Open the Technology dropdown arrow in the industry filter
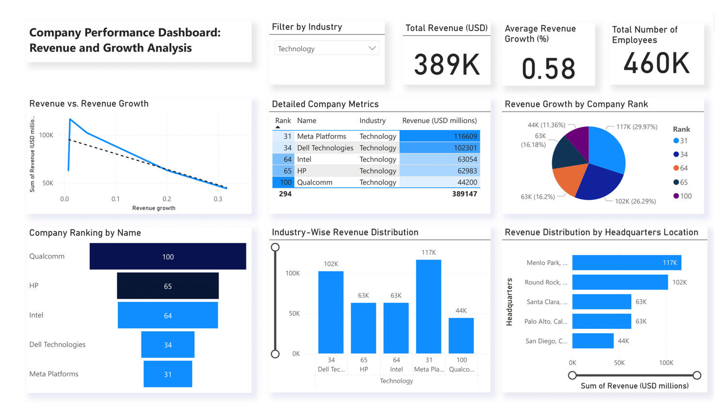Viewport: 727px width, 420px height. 372,48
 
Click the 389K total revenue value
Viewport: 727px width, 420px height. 447,65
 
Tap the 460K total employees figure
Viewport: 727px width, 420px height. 656,63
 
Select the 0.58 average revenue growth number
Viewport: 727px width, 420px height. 549,68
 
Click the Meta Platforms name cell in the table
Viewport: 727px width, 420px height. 321,136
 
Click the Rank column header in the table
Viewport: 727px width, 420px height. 283,121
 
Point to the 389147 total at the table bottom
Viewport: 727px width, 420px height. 464,194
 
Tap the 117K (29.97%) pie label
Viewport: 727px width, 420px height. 636,127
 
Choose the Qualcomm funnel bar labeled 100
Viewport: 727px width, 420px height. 168,257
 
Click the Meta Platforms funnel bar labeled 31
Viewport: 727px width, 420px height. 168,374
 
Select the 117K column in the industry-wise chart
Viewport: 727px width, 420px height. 428,307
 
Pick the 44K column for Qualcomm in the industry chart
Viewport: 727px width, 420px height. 461,336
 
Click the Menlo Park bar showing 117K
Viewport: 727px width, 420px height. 626,262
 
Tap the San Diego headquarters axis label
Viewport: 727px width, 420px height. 546,341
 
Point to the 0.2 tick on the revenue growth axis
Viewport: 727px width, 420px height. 167,199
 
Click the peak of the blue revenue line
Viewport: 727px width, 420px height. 70,119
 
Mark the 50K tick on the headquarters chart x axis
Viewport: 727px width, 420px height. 619,363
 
